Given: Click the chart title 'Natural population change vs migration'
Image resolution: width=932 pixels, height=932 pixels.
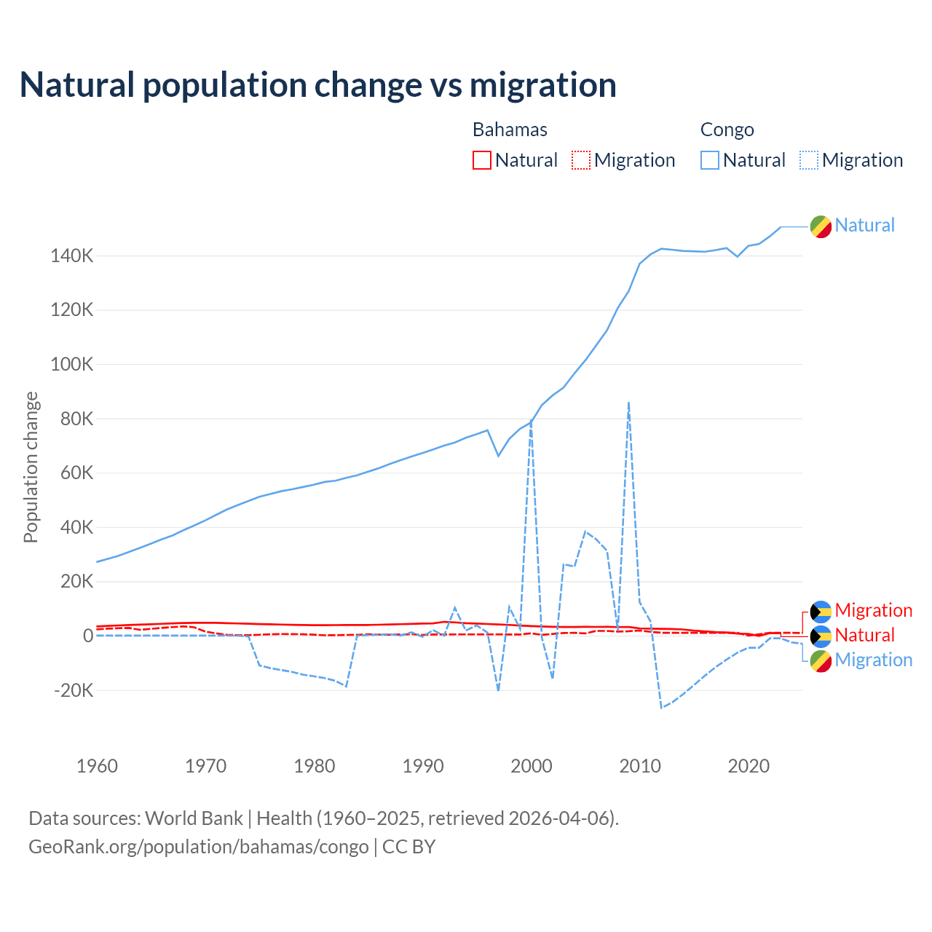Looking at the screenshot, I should click(318, 85).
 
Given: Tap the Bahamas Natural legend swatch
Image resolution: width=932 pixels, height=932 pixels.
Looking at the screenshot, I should click(482, 160).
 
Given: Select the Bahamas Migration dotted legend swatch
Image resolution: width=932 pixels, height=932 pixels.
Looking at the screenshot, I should click(581, 160).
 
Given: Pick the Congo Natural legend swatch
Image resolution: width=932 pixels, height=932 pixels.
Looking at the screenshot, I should click(710, 160).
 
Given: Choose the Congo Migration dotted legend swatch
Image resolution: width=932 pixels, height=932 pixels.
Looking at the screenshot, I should click(809, 160).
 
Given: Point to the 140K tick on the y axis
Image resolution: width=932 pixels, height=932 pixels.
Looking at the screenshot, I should click(71, 256).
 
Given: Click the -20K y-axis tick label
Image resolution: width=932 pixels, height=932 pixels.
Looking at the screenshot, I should click(74, 690).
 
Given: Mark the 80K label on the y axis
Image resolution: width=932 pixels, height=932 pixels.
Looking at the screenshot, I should click(75, 419).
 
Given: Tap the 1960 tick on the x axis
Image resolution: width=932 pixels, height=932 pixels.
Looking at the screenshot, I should click(97, 766).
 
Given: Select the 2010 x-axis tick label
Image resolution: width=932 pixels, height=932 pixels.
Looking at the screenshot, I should click(640, 766).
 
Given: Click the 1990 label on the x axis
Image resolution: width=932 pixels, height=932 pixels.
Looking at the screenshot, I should click(423, 766).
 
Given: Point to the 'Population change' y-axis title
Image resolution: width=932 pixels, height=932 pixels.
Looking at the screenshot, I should click(31, 467).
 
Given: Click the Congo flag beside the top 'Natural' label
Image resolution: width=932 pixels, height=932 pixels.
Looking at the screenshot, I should click(821, 226).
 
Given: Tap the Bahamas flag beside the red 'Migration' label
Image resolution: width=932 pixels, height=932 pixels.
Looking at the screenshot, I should click(821, 612).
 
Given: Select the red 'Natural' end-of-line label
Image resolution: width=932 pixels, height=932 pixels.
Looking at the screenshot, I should click(864, 636).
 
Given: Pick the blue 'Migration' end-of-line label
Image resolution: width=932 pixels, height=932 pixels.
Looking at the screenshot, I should click(873, 660).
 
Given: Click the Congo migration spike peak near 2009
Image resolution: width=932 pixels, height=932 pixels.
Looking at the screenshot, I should click(628, 402).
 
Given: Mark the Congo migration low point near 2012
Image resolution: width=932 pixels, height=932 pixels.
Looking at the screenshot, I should click(661, 708).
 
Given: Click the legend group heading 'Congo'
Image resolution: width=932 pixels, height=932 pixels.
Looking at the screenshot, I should click(727, 130).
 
